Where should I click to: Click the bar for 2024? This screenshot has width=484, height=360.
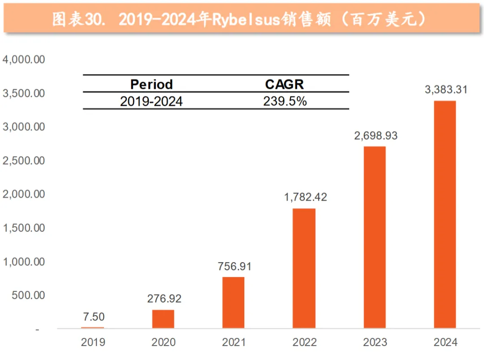coord(445,214)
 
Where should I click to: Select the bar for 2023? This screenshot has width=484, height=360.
coord(375,237)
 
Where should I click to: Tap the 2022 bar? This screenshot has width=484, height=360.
coord(304,268)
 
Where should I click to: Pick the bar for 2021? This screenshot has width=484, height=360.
coord(233,303)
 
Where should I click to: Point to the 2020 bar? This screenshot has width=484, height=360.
coord(163,319)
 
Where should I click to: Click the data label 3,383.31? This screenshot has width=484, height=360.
coord(446,90)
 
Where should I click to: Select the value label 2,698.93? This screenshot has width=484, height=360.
coord(376,136)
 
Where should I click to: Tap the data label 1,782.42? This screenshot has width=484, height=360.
coord(305,197)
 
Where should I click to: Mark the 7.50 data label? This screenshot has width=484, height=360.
coord(94,317)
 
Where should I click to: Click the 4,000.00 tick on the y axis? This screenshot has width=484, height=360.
coord(24,60)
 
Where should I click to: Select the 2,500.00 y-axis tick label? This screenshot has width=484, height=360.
coord(24,160)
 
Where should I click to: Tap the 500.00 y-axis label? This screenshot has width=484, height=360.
coord(28,295)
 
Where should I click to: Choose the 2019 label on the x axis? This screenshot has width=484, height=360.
coord(93,343)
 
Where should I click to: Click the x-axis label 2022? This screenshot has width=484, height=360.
coord(305,343)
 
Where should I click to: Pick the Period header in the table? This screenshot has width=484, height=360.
coord(151,84)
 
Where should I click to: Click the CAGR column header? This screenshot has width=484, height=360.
coord(285,84)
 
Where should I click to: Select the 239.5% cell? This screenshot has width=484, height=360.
coord(285,101)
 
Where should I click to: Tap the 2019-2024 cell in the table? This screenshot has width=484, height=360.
coord(151,101)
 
